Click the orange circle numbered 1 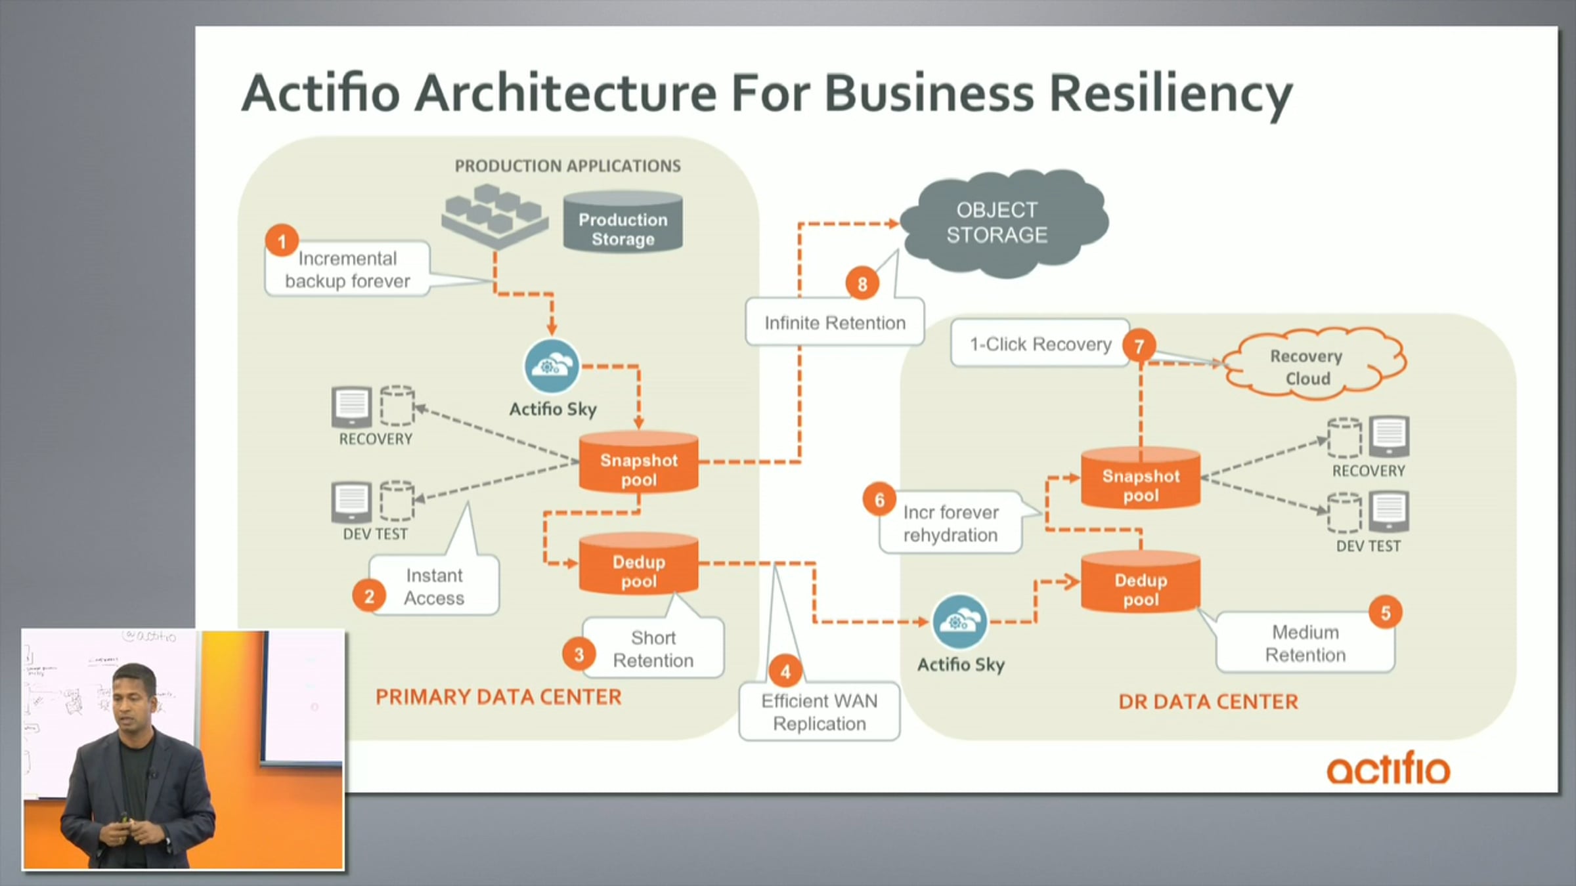coord(282,242)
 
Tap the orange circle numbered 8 coord(862,284)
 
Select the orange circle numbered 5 coord(1386,613)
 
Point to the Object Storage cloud coord(997,223)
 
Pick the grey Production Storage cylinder coord(623,223)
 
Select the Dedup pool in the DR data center coord(1141,584)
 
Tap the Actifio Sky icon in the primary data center coord(552,366)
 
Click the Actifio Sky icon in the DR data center coord(960,621)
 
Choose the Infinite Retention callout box coord(835,322)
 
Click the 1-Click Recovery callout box coord(1040,344)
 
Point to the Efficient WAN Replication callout coord(819,712)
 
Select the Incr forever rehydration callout coord(950,523)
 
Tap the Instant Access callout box coord(434,586)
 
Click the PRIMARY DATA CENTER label coord(498,697)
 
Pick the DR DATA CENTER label coord(1208,702)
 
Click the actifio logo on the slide coord(1388,769)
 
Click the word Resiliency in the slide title coord(1170,93)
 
